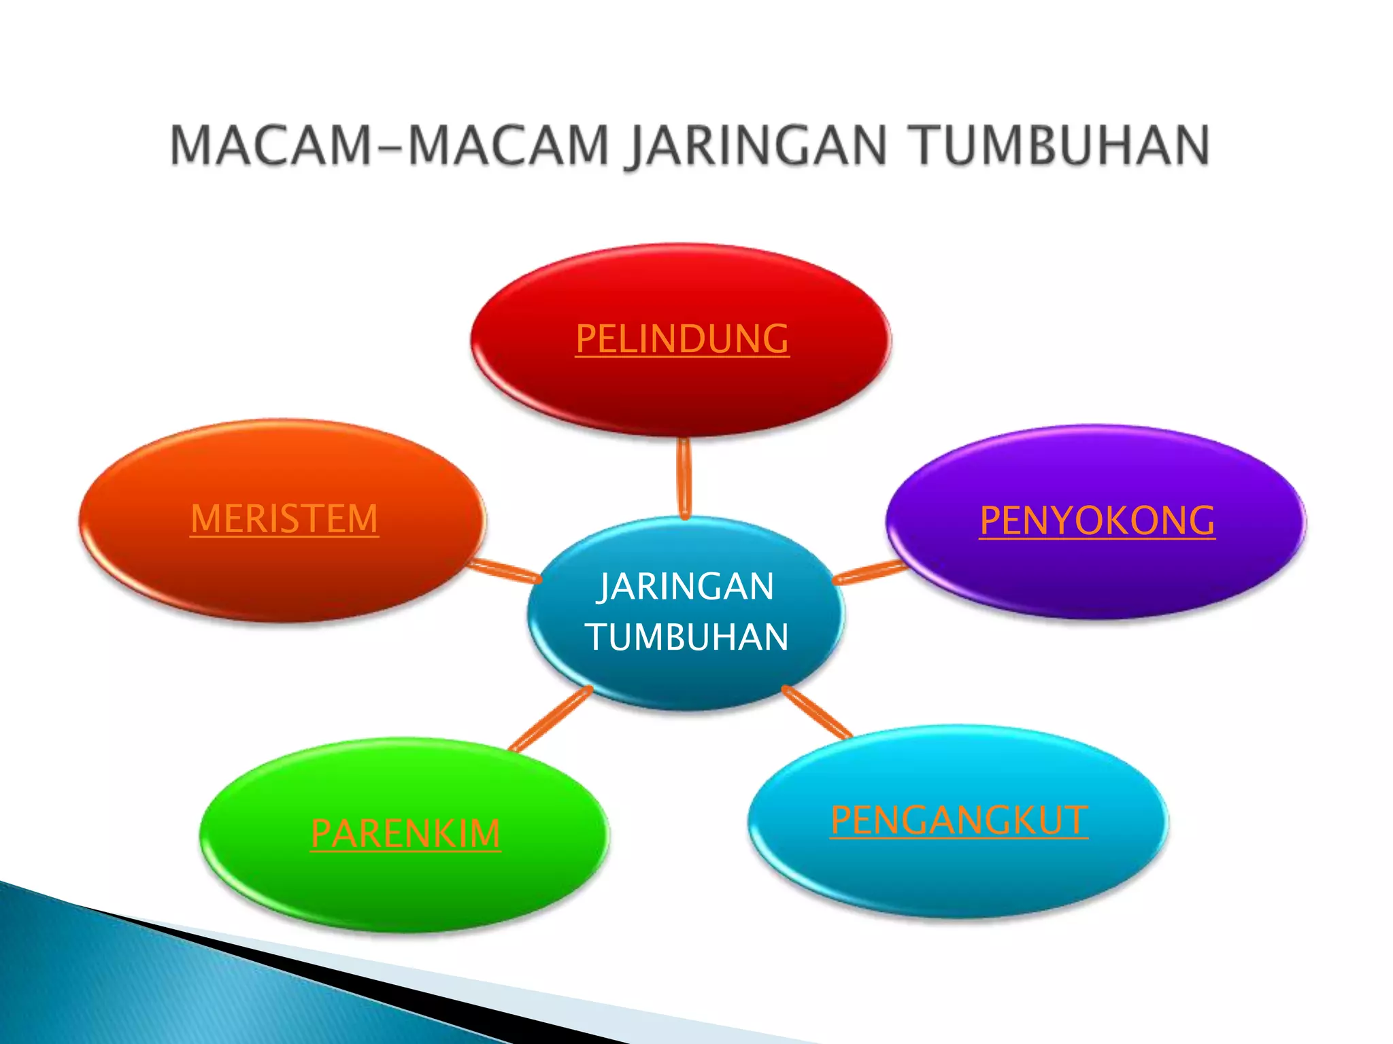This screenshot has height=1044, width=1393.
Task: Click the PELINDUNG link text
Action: [682, 338]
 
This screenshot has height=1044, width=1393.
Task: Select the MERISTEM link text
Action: [284, 519]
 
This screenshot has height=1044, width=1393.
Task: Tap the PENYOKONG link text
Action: [1096, 521]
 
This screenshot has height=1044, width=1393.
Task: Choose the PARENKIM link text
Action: [405, 833]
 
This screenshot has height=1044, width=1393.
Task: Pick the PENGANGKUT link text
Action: [958, 820]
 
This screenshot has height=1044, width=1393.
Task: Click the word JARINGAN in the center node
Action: [686, 587]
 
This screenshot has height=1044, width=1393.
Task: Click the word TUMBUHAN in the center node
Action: [687, 638]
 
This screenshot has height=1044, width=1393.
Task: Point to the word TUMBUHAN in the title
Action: [1060, 145]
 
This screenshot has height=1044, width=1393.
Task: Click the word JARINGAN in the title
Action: [756, 145]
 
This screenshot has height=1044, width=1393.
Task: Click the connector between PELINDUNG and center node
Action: [684, 478]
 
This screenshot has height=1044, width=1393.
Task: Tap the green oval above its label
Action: [405, 775]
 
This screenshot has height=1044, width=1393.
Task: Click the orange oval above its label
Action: [284, 462]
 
